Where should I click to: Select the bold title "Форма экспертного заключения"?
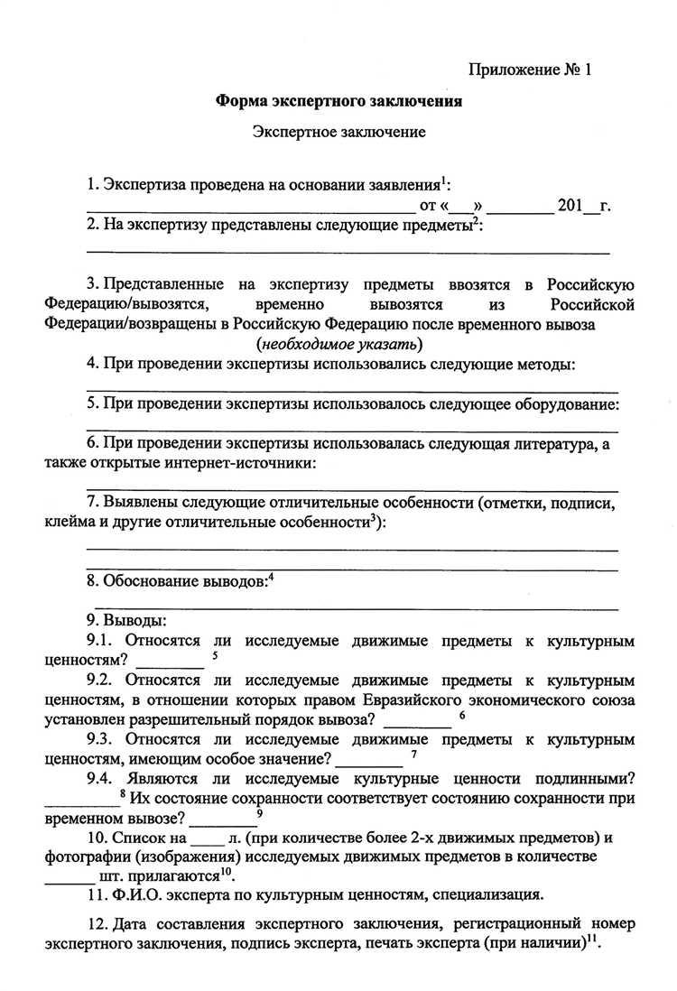[338, 101]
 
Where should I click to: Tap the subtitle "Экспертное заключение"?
[338, 132]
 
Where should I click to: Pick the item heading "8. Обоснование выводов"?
[177, 582]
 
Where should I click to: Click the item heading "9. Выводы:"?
[126, 622]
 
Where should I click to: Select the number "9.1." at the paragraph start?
[102, 642]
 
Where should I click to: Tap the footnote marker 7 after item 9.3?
[413, 755]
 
